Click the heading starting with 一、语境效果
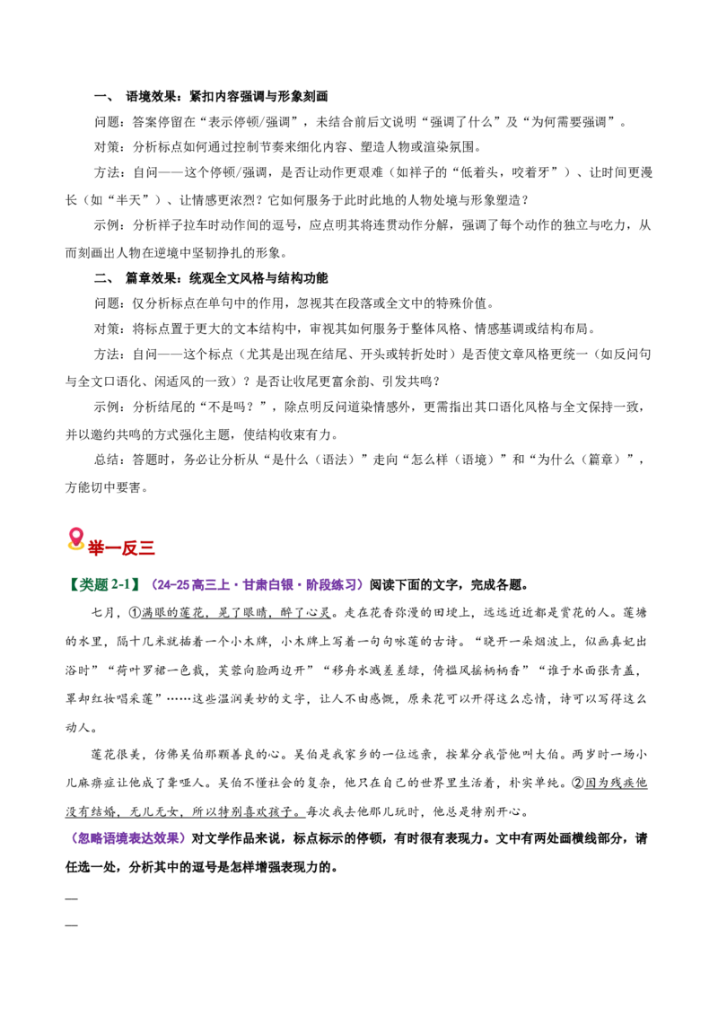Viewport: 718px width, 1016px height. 211,97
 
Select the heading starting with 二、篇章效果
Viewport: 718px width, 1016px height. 211,278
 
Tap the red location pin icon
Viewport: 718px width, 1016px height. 75,539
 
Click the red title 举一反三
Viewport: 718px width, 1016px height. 121,548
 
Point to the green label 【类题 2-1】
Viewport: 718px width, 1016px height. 103,584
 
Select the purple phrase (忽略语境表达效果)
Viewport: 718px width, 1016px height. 126,838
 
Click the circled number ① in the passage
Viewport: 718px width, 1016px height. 135,613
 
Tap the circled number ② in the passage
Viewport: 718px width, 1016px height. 578,783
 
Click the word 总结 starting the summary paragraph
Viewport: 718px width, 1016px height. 107,460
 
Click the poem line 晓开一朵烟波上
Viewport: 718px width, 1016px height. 529,642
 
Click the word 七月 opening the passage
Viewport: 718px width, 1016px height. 104,613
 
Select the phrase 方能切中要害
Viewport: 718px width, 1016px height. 106,487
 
